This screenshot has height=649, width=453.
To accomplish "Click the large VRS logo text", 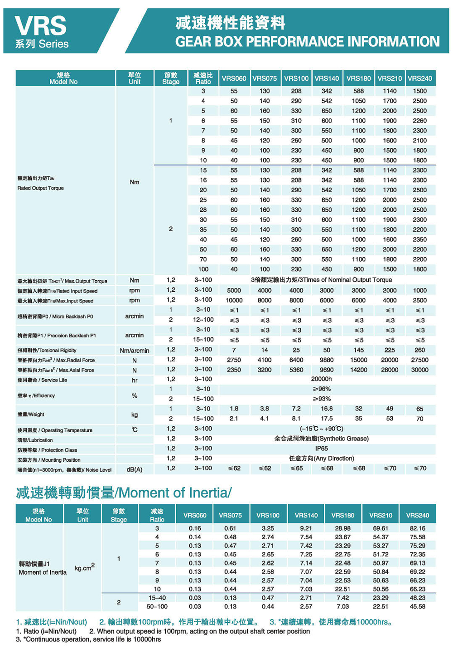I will (x=40, y=26).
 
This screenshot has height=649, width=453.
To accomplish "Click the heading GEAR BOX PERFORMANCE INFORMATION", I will (x=307, y=42).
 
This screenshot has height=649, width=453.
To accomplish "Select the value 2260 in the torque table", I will (x=419, y=121).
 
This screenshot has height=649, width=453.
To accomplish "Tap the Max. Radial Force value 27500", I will (x=419, y=360).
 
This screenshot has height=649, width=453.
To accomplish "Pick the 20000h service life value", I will (x=322, y=379).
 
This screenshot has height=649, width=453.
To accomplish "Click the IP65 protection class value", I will (x=322, y=449).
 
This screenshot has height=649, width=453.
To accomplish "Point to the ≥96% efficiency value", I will (x=322, y=389).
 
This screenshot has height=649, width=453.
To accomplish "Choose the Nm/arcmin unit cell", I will (x=135, y=351).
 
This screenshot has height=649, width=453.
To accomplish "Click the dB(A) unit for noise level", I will (x=135, y=470).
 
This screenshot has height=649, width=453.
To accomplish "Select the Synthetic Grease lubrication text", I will (x=322, y=439).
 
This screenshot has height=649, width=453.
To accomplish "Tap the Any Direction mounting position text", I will (x=322, y=459).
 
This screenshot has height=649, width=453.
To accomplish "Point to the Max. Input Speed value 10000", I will (x=234, y=300).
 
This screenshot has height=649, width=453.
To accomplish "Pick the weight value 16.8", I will (x=327, y=409).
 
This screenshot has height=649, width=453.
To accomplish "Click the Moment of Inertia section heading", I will (x=124, y=493).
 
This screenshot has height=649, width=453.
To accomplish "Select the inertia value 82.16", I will (x=417, y=528).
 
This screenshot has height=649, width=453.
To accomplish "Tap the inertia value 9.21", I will (x=306, y=528).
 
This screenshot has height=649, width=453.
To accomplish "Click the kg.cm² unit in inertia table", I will (x=85, y=568).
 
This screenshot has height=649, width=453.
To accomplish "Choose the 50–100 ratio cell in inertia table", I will (x=157, y=606).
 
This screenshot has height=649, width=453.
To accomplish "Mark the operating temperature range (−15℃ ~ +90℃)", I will (x=322, y=429).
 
